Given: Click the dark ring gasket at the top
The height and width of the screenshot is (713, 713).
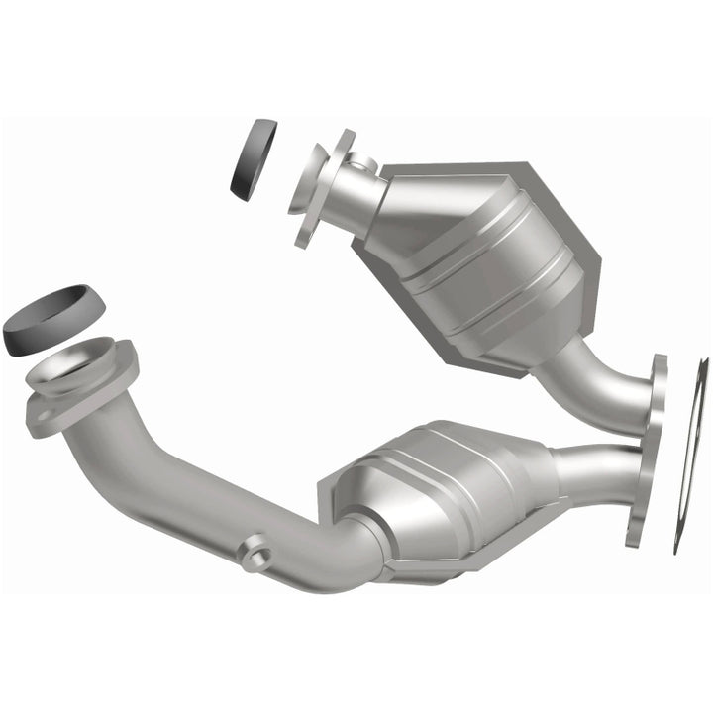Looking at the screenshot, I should coord(254,159).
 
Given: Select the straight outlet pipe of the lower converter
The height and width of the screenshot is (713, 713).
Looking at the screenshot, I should coord(594,471).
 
